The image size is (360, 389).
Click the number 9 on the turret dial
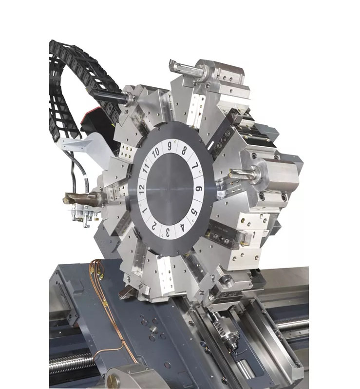[x=170, y=146]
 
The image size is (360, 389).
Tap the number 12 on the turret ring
[x=141, y=190]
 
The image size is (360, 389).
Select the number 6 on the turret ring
[x=199, y=189]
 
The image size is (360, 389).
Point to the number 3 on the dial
[x=168, y=233]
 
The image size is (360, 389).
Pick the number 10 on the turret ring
[x=155, y=153]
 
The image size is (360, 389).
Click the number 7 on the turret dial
[x=195, y=166]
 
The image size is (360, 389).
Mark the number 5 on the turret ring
[x=194, y=213]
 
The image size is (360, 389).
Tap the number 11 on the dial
[x=146, y=169]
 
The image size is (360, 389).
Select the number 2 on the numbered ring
[x=154, y=226]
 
